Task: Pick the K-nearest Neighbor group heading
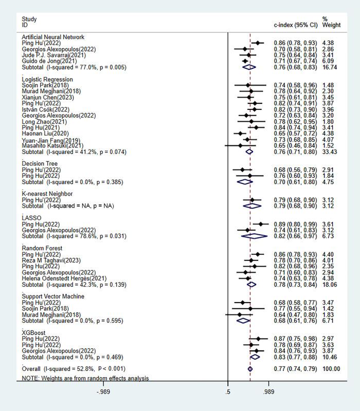point(47,194)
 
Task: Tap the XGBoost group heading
point(33,333)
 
